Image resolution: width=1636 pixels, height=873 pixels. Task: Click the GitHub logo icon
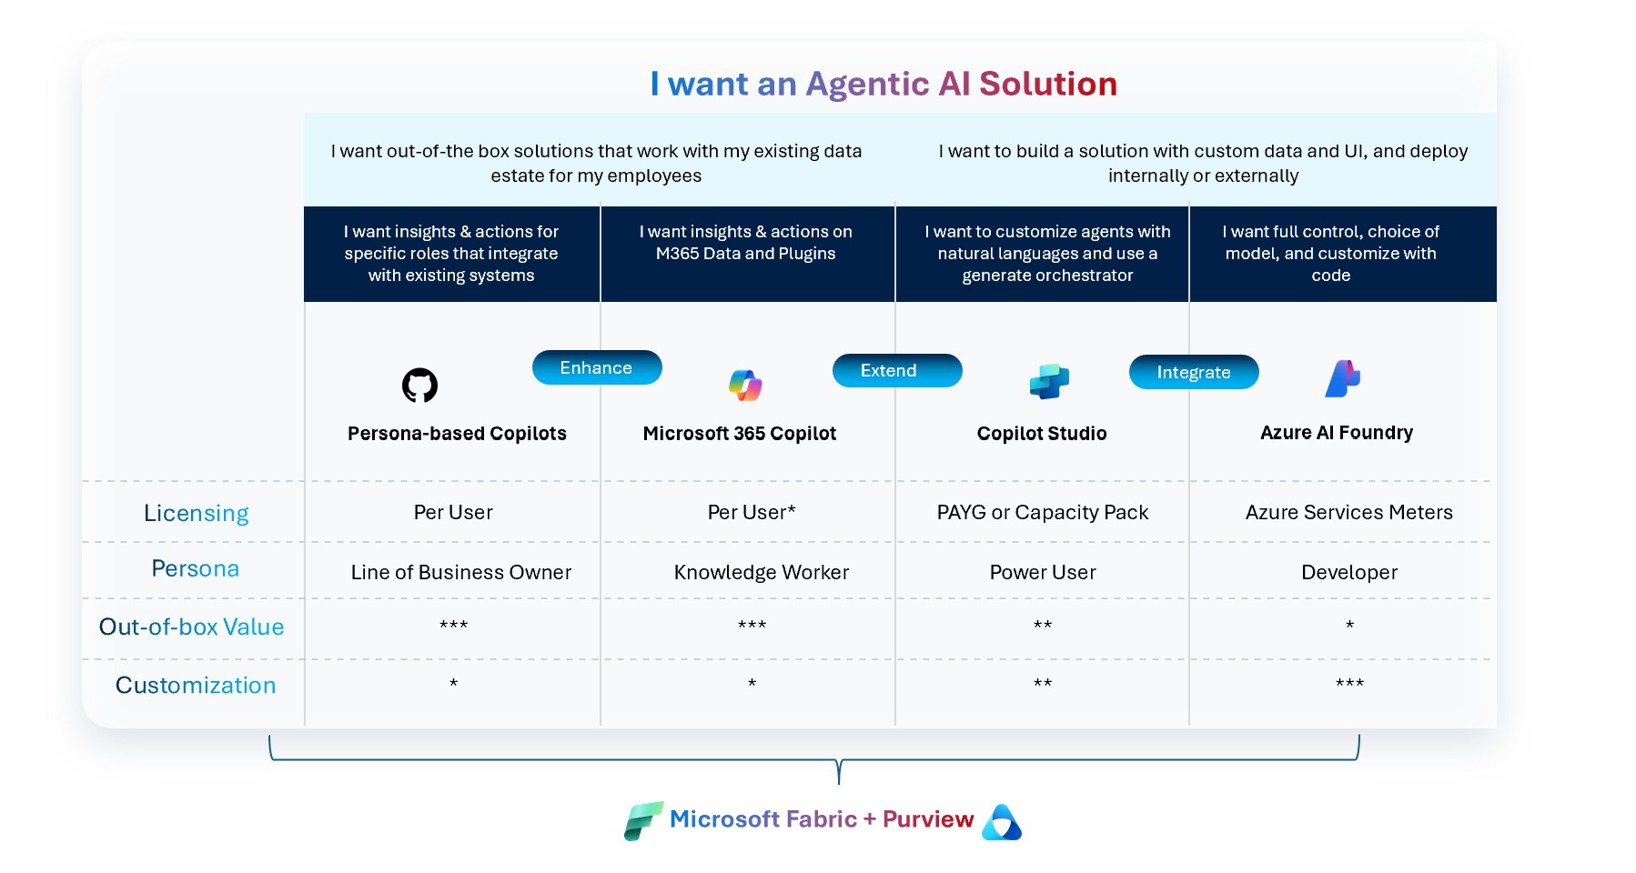(419, 386)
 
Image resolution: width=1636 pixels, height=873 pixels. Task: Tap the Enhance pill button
(597, 367)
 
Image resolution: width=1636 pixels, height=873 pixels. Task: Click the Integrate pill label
(1193, 372)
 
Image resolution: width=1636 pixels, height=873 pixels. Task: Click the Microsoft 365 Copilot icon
(745, 386)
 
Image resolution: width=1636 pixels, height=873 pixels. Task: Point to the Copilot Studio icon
(1048, 381)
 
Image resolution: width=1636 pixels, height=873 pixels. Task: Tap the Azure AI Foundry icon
(1342, 379)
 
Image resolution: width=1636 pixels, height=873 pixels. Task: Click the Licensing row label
(196, 513)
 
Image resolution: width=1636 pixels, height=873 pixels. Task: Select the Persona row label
(196, 569)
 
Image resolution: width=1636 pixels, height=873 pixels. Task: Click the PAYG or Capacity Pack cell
(1043, 513)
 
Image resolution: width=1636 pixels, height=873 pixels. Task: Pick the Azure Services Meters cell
(1348, 513)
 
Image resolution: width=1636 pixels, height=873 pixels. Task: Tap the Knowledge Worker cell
(761, 573)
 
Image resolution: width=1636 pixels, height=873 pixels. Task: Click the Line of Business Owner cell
(461, 573)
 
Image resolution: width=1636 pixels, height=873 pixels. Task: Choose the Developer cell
(1348, 573)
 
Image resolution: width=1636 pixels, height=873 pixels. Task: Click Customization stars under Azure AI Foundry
(1349, 684)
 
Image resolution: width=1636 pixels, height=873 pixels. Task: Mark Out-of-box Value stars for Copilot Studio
(1043, 626)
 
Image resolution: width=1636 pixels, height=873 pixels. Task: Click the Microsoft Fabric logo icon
(643, 820)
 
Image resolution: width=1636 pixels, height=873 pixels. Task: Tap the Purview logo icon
(1002, 822)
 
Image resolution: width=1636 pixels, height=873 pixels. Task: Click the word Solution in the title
(1047, 84)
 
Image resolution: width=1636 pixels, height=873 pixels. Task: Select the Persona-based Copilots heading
(457, 434)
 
